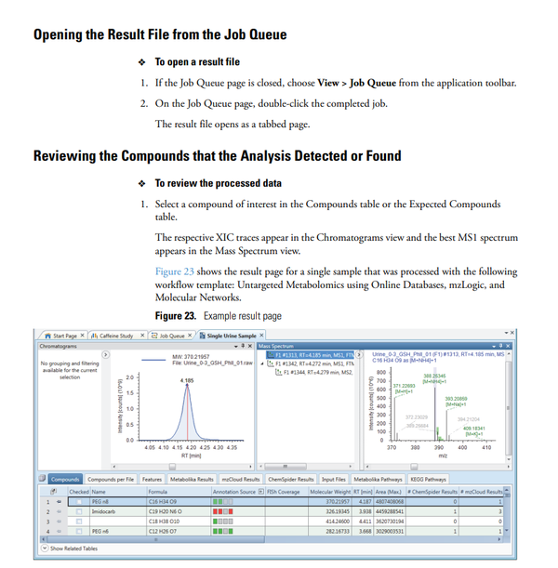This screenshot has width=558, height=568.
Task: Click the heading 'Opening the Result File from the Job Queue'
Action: [x=159, y=35]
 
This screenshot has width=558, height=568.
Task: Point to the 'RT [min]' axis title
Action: [x=191, y=456]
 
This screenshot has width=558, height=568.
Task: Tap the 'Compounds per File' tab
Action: [x=109, y=479]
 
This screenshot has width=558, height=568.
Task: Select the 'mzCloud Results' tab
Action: [x=239, y=479]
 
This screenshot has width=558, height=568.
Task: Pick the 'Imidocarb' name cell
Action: [x=103, y=510]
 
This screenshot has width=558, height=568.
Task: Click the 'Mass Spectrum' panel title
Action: [x=276, y=346]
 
